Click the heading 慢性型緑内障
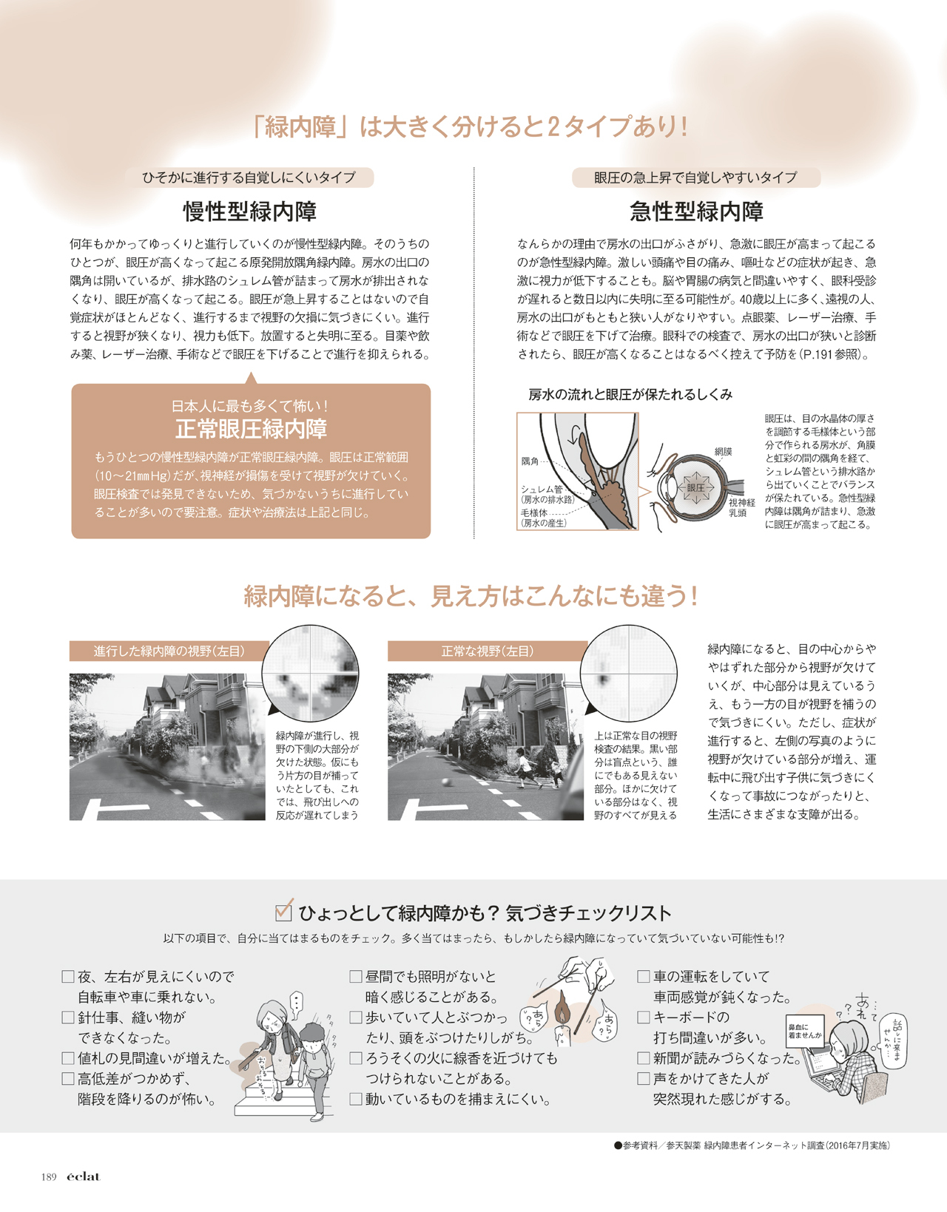pyautogui.click(x=249, y=211)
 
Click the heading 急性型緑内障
pyautogui.click(x=696, y=211)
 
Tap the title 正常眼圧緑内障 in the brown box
pyautogui.click(x=251, y=428)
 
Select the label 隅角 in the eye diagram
pyautogui.click(x=530, y=461)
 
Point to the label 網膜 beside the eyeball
pyautogui.click(x=724, y=452)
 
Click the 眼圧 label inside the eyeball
pyautogui.click(x=695, y=487)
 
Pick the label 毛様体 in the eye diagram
pyautogui.click(x=534, y=512)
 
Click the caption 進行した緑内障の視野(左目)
pyautogui.click(x=169, y=651)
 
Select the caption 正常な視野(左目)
pyautogui.click(x=487, y=651)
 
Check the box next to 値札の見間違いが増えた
pyautogui.click(x=68, y=1058)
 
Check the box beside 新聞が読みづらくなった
pyautogui.click(x=644, y=1058)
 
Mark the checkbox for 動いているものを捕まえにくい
pyautogui.click(x=355, y=1100)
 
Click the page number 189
pyautogui.click(x=49, y=1177)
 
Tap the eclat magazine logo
pyautogui.click(x=84, y=1177)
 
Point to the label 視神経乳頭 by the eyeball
pyautogui.click(x=741, y=507)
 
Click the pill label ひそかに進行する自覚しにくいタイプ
pyautogui.click(x=249, y=177)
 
